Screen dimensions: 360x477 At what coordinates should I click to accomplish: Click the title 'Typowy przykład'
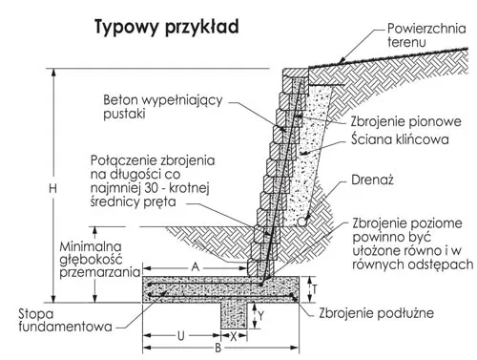(166, 28)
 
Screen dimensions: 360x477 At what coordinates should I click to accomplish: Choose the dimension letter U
(180, 334)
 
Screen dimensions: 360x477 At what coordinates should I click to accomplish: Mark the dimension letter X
(234, 334)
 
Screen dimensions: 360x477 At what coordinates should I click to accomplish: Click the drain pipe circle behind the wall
(302, 222)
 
